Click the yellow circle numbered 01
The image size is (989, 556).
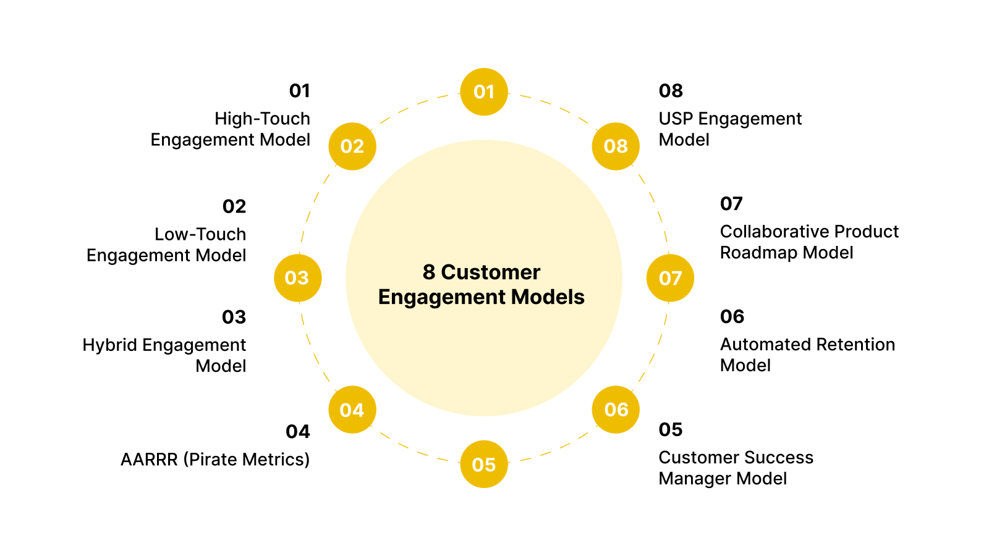pos(484,92)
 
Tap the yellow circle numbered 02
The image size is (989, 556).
pos(352,146)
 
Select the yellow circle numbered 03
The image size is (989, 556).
pos(297,278)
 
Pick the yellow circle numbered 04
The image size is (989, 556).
pos(352,410)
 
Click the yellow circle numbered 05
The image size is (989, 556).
pos(484,464)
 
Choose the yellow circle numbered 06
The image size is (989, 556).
pos(616,409)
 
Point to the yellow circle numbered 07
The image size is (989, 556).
pos(670,278)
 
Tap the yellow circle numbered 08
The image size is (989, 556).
pos(616,146)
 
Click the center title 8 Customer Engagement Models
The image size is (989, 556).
pos(482,285)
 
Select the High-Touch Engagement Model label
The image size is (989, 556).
pos(231,129)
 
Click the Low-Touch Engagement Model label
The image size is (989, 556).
pos(167,245)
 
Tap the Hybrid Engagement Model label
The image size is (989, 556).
pos(165,355)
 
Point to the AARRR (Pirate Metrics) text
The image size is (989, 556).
pos(215,460)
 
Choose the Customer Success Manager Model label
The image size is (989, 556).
pos(736,468)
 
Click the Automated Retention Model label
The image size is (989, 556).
pos(807,355)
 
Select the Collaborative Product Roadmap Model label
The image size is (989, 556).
pos(809,242)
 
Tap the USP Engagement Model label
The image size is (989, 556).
pos(729,129)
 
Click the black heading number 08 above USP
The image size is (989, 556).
pos(671,91)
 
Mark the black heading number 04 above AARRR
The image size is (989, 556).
pos(297,432)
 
